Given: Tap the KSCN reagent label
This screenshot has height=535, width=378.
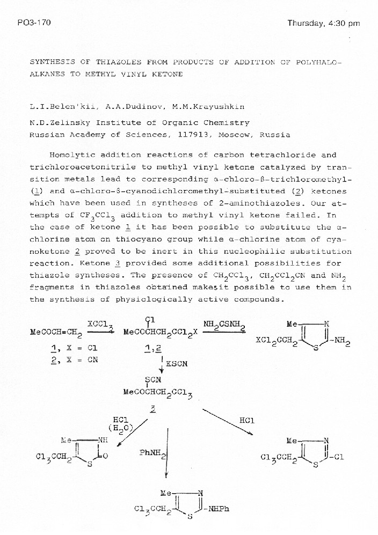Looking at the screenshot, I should coord(176,363).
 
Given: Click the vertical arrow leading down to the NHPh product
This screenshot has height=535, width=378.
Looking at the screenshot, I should coord(168,451).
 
